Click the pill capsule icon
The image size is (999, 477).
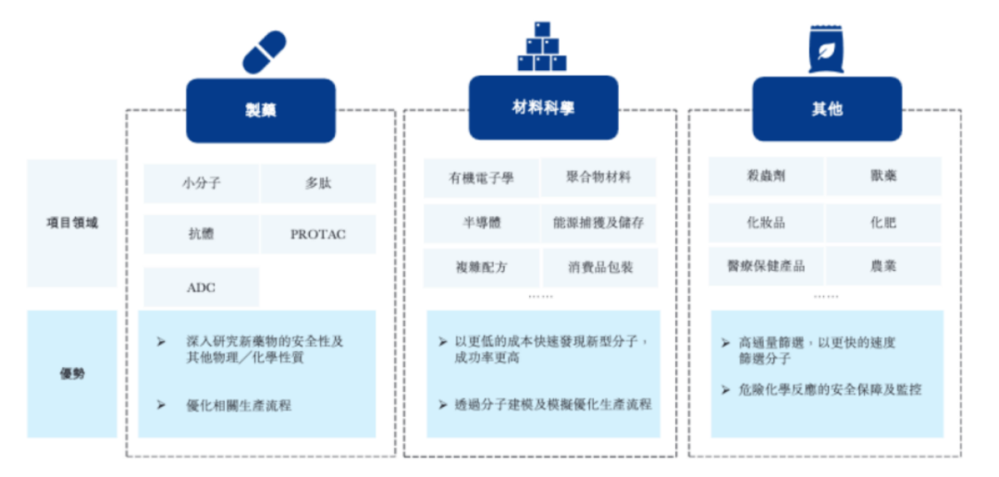[x=265, y=52]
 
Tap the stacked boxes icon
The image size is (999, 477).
[x=542, y=46]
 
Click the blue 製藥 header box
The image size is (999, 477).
[x=261, y=111]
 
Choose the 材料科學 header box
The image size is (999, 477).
[x=544, y=107]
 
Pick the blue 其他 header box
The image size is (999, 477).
[x=827, y=109]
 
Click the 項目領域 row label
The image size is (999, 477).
[x=72, y=224]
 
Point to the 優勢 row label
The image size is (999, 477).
[x=72, y=373]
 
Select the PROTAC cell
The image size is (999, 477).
[x=318, y=235]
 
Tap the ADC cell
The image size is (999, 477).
[x=202, y=287]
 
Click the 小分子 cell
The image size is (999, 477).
[x=202, y=183]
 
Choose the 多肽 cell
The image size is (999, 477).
[x=318, y=183]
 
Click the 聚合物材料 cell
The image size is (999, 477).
[x=598, y=177]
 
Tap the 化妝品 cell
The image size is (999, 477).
[x=767, y=223]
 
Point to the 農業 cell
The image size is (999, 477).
[x=883, y=266]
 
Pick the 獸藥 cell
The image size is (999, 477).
[x=883, y=177]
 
